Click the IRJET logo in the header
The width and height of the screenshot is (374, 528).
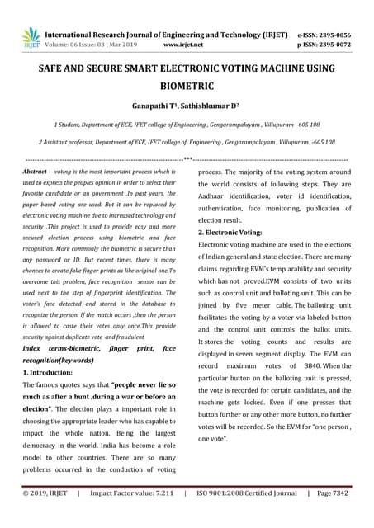click(x=31, y=36)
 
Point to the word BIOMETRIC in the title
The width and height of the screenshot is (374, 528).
click(x=187, y=86)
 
